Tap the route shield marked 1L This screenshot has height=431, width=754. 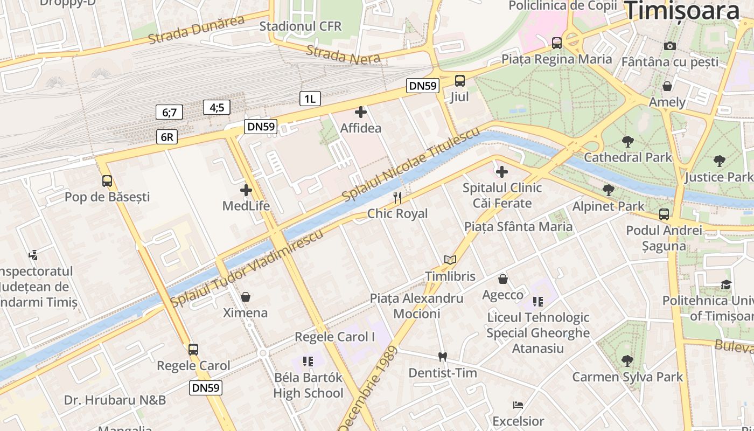pyautogui.click(x=310, y=99)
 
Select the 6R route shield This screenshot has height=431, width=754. pyautogui.click(x=167, y=137)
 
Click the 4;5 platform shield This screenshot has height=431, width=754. pyautogui.click(x=217, y=107)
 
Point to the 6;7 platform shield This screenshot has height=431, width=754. pyautogui.click(x=169, y=112)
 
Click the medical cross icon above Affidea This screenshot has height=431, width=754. pyautogui.click(x=361, y=112)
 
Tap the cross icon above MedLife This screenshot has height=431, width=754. pyautogui.click(x=246, y=190)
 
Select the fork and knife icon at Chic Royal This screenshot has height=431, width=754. pyautogui.click(x=397, y=198)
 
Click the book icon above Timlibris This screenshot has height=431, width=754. pyautogui.click(x=450, y=260)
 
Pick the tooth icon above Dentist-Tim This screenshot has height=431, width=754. pyautogui.click(x=443, y=357)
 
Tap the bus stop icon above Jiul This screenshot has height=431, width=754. pyautogui.click(x=460, y=81)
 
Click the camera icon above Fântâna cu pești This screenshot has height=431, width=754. pyautogui.click(x=670, y=46)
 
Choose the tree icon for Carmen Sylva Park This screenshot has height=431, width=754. pyautogui.click(x=627, y=360)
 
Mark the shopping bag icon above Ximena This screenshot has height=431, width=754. pyautogui.click(x=246, y=297)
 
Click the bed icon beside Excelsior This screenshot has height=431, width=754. pyautogui.click(x=518, y=405)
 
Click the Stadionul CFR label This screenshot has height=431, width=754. pyautogui.click(x=300, y=26)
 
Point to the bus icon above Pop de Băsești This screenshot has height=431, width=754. pyautogui.click(x=107, y=181)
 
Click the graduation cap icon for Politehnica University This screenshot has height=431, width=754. pyautogui.click(x=727, y=284)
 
